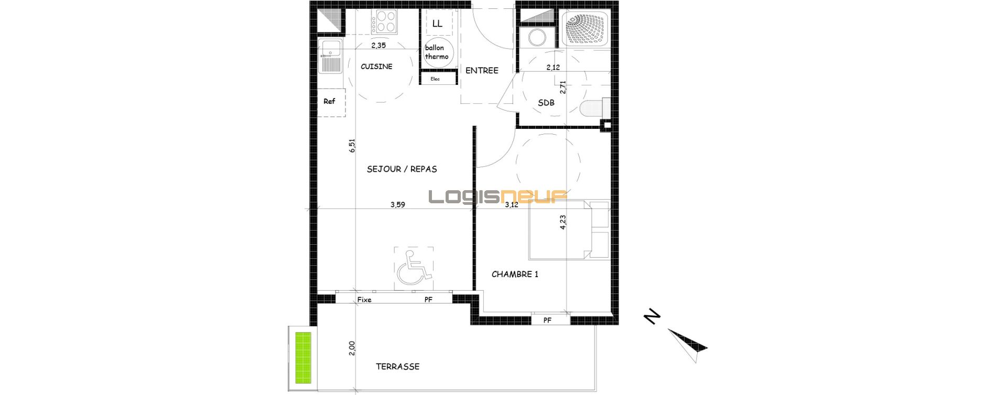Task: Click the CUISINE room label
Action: pyautogui.click(x=376, y=67)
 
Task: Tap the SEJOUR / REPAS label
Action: pyautogui.click(x=402, y=169)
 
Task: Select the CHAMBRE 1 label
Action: pyautogui.click(x=515, y=274)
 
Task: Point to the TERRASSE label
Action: pyautogui.click(x=397, y=367)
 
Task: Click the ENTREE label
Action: pyautogui.click(x=482, y=70)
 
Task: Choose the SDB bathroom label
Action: pyautogui.click(x=546, y=103)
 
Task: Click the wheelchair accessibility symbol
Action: pyautogui.click(x=414, y=267)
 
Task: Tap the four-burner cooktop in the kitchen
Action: pyautogui.click(x=384, y=22)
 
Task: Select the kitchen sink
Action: pyautogui.click(x=330, y=56)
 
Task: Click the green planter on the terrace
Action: pyautogui.click(x=302, y=357)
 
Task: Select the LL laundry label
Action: pyautogui.click(x=437, y=24)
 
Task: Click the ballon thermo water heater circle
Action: pyautogui.click(x=437, y=52)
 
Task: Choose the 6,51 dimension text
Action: pyautogui.click(x=352, y=146)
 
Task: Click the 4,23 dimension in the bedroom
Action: pyautogui.click(x=563, y=222)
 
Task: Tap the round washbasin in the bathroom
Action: pyautogui.click(x=536, y=38)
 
